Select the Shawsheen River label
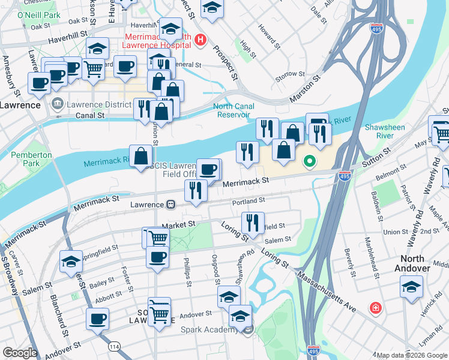click(385, 131)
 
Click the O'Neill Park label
click(39, 14)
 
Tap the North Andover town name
click(414, 263)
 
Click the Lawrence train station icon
click(171, 205)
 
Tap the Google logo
click(20, 353)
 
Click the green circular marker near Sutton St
click(310, 161)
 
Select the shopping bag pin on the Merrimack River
click(140, 156)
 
